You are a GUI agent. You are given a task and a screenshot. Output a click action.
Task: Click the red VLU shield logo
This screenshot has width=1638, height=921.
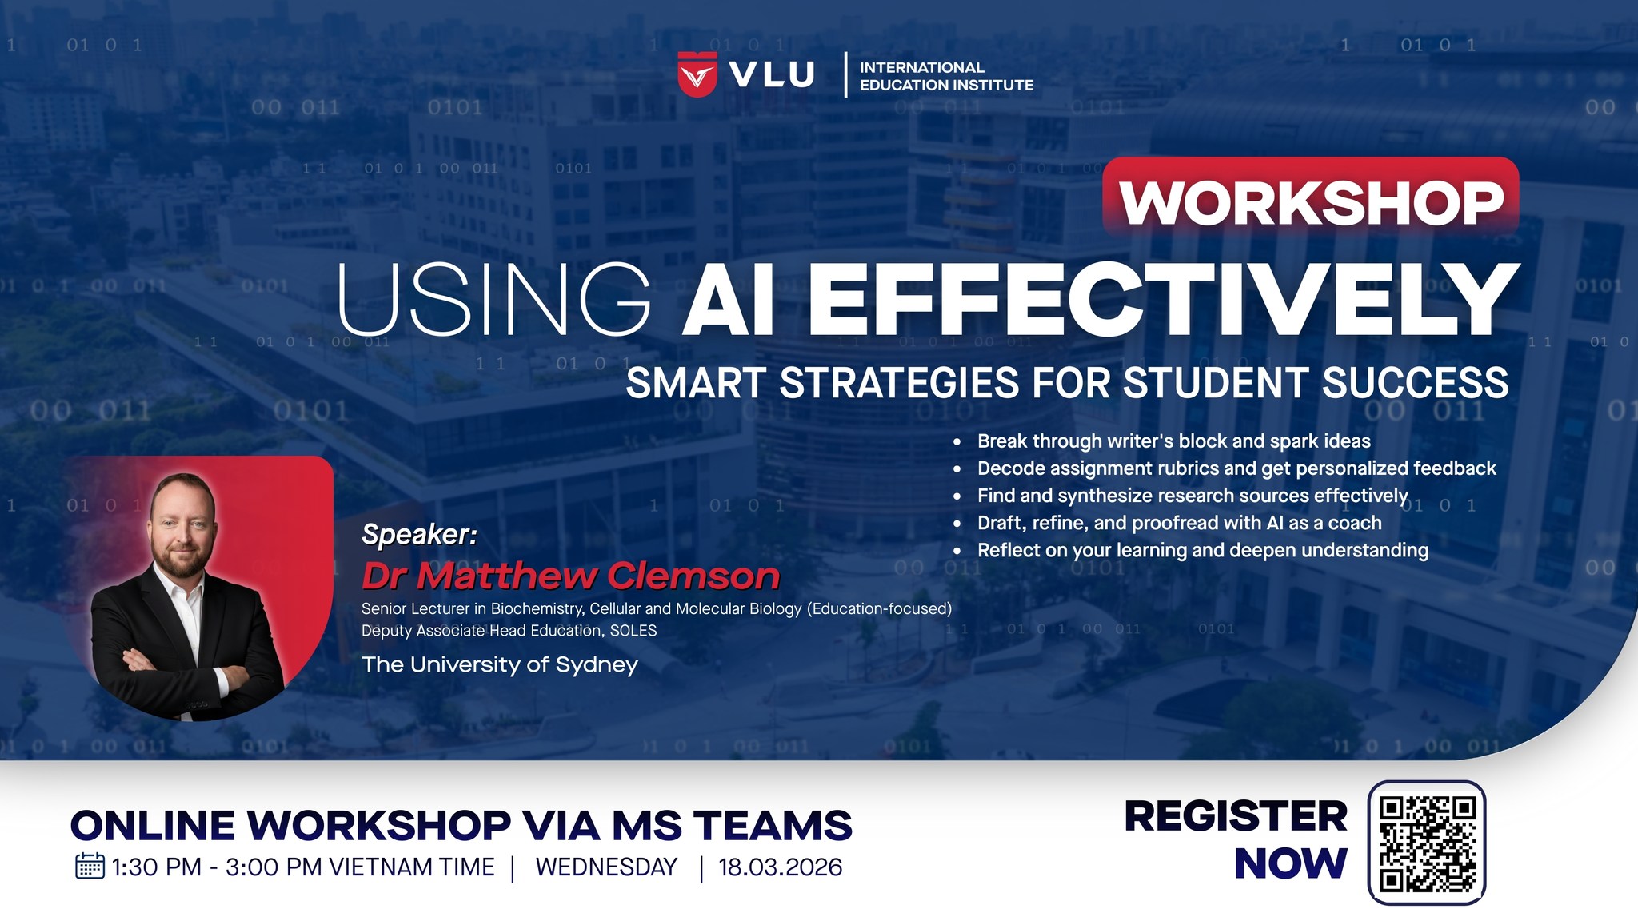tap(697, 74)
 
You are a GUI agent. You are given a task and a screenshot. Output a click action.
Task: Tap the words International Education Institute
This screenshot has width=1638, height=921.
tap(946, 76)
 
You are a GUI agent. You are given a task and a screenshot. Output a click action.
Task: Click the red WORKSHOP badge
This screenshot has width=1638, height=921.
tap(1311, 198)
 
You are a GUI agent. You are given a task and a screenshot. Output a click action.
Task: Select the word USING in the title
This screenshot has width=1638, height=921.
tap(494, 298)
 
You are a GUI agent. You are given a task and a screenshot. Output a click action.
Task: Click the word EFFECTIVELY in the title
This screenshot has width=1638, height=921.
tap(1164, 298)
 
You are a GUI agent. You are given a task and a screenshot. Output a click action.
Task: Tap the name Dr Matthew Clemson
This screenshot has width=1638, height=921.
tap(570, 576)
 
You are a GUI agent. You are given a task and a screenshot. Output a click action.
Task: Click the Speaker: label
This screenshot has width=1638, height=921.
tap(419, 534)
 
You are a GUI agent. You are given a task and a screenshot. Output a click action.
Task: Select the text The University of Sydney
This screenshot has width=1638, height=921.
tap(500, 664)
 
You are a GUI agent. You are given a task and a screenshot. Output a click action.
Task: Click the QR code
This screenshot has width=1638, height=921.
tap(1427, 843)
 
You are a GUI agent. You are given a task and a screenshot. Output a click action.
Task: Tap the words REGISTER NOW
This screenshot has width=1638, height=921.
tap(1236, 839)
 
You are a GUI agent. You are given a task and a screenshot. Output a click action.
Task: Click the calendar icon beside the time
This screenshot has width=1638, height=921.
tap(90, 867)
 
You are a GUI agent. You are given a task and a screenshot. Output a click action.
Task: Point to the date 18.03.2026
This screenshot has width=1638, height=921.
tap(780, 867)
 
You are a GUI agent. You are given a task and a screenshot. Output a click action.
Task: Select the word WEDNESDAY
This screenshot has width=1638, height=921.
tap(606, 867)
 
